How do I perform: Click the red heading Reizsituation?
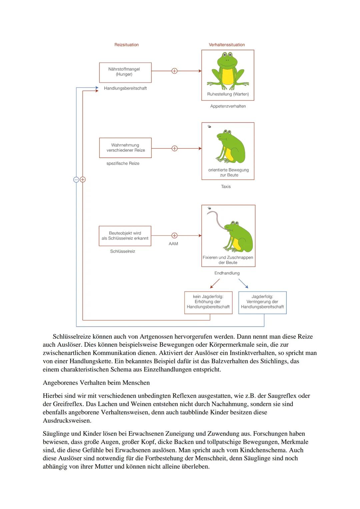tap(126, 45)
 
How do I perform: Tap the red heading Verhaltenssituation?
tap(227, 45)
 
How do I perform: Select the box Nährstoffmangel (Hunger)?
tap(125, 72)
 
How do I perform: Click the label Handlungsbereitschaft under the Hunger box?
tap(125, 88)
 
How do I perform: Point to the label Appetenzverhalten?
tap(228, 106)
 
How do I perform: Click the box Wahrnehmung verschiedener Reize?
tap(125, 148)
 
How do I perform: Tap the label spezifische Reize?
tap(123, 164)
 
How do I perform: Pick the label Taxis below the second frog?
tap(226, 187)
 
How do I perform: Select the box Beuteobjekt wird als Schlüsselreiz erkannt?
tap(125, 236)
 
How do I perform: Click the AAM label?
tap(173, 244)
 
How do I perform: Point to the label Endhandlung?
tap(227, 273)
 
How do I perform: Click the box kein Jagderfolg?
tap(208, 302)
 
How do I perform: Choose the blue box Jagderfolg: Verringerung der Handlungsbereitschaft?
tap(262, 302)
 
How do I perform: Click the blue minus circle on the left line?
tap(76, 180)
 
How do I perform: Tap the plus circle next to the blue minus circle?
tap(83, 180)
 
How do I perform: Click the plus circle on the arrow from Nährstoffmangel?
tap(174, 71)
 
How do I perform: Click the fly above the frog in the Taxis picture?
tap(209, 127)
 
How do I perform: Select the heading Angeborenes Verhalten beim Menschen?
tap(96, 383)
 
